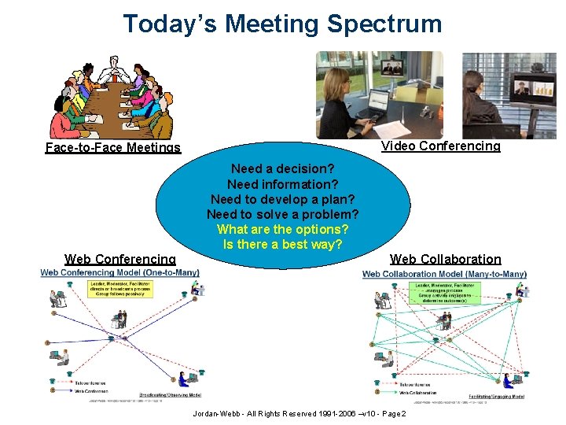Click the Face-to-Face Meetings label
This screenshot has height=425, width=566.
(x=112, y=147)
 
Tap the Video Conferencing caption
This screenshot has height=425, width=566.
(x=440, y=146)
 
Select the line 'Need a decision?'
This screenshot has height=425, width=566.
(x=282, y=168)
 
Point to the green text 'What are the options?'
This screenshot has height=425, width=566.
(x=282, y=229)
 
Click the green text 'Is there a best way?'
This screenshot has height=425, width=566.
(x=282, y=244)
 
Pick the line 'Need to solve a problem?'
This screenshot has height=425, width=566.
(x=282, y=214)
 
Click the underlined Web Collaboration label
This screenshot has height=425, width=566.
(x=445, y=259)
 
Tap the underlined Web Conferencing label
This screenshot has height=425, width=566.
(x=120, y=259)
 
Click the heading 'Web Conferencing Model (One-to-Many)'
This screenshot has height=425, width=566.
(x=119, y=272)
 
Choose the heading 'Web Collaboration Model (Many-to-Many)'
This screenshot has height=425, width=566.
(x=444, y=274)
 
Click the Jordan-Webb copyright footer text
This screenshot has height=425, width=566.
(x=299, y=414)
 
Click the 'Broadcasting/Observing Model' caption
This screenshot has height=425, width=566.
(x=167, y=395)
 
